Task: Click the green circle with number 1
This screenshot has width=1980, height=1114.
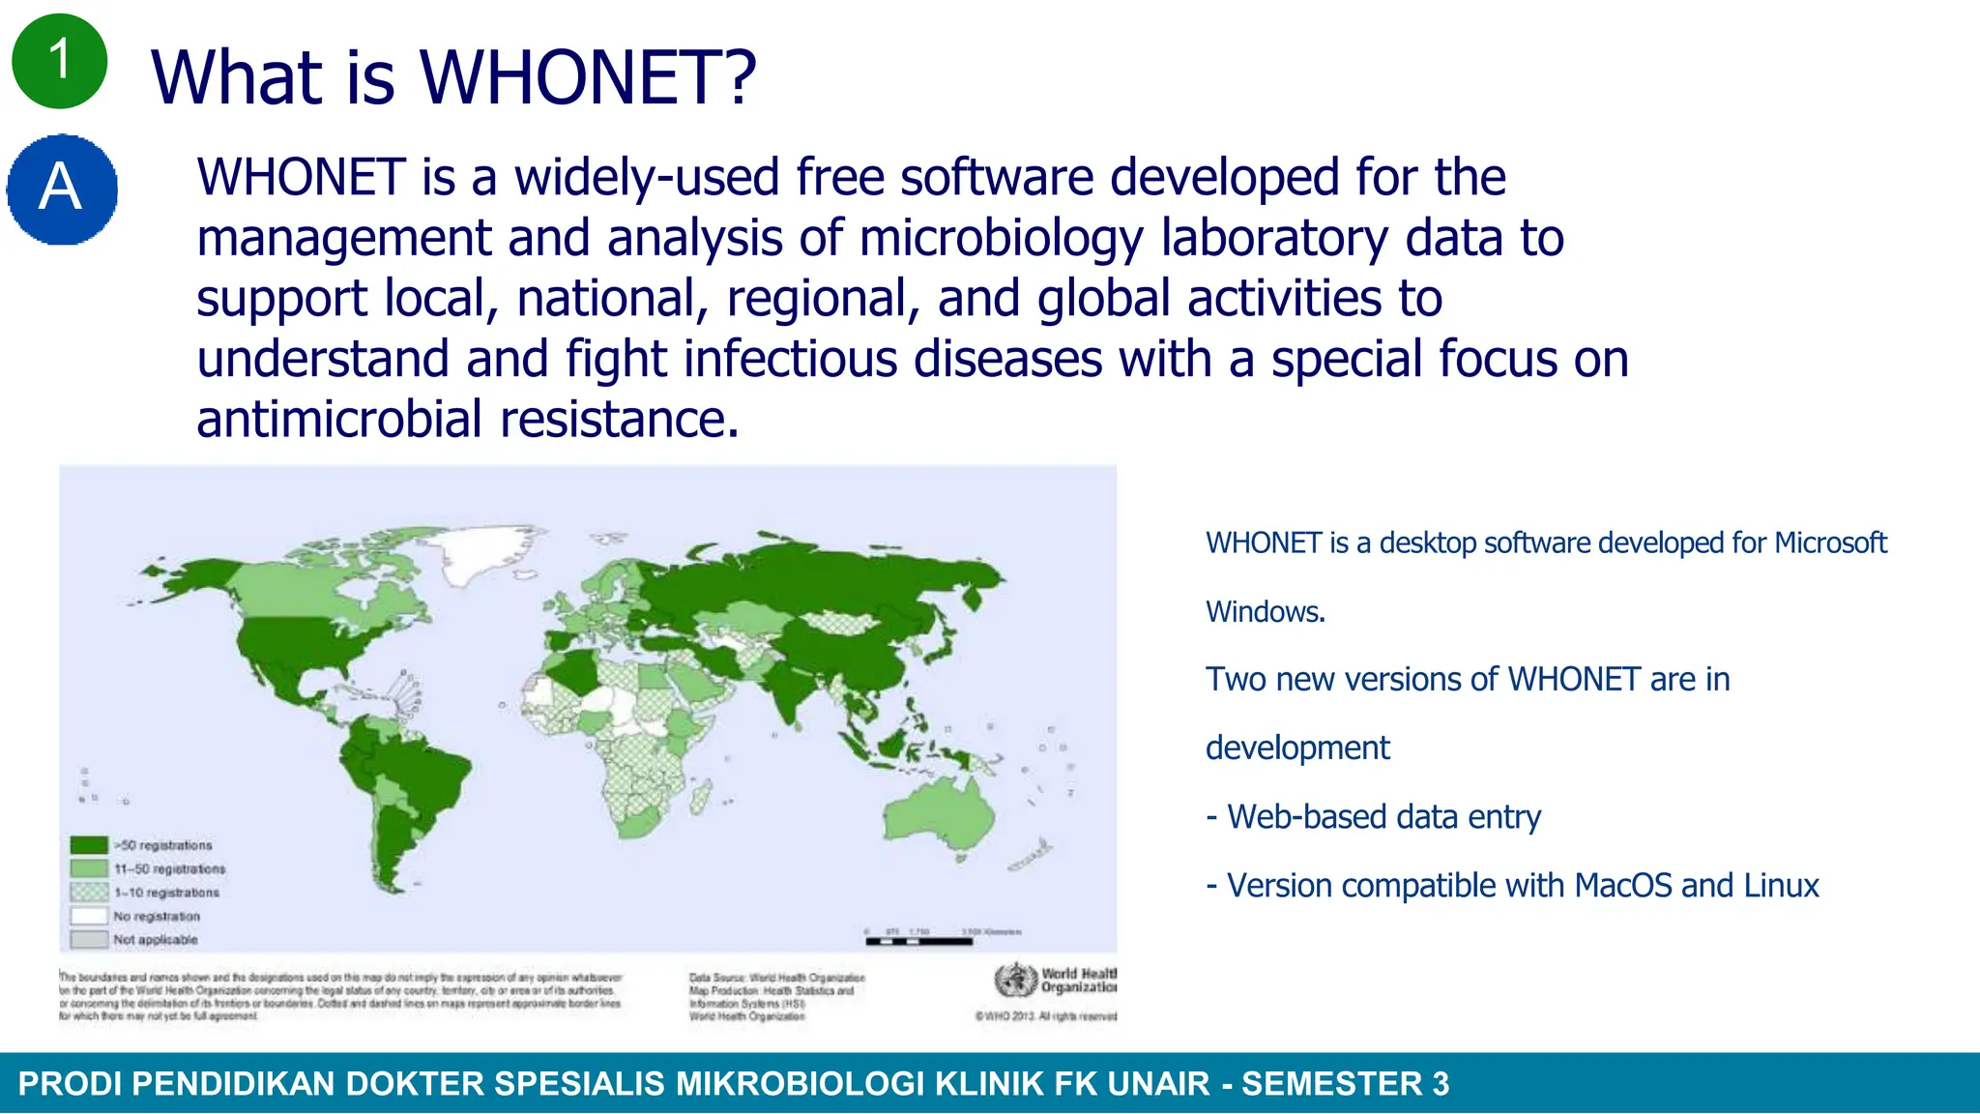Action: click(59, 60)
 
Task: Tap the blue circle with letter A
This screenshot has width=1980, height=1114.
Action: click(62, 189)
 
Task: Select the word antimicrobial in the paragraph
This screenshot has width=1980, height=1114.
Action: click(339, 419)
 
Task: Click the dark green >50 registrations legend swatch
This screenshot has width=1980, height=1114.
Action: click(89, 845)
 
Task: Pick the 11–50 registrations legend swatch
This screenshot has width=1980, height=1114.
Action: click(89, 868)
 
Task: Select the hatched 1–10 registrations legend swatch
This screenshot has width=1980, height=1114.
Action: click(89, 892)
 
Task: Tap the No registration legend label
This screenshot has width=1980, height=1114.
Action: click(157, 916)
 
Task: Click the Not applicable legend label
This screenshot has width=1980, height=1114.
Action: click(155, 939)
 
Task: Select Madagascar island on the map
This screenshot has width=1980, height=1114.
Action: click(701, 799)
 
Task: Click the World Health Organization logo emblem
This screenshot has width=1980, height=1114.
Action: click(1015, 981)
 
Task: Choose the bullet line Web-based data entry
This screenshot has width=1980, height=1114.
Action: click(1373, 817)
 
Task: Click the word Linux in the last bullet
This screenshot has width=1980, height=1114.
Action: click(1781, 886)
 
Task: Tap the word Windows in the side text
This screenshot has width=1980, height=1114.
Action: click(1265, 612)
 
